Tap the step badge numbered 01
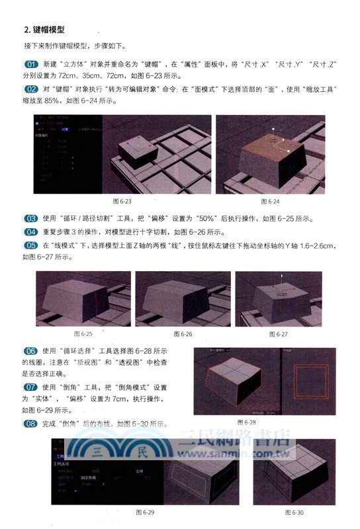[31, 65]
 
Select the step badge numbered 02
[31, 89]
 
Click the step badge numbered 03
[31, 219]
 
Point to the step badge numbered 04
[31, 232]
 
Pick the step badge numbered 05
[31, 245]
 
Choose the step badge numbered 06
[31, 351]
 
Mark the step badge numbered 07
[31, 386]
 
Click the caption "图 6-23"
[123, 201]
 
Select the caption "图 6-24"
[271, 201]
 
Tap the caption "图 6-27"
[279, 335]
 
